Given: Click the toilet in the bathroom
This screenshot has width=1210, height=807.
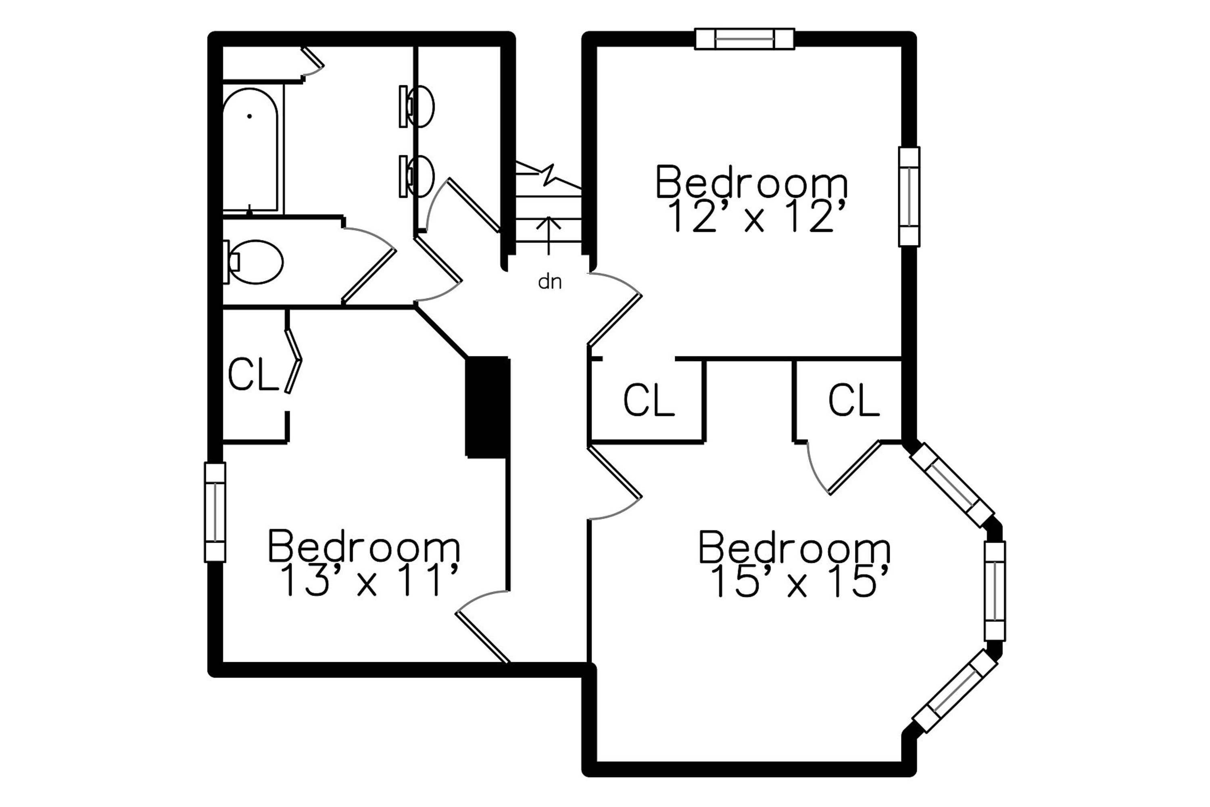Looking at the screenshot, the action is (254, 261).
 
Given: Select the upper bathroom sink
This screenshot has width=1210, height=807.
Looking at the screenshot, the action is (417, 107).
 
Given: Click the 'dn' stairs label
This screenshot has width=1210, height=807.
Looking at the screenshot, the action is (549, 282).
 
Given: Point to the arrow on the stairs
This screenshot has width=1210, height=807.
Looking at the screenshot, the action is (549, 236).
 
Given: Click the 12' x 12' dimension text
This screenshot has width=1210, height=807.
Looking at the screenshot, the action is (757, 217).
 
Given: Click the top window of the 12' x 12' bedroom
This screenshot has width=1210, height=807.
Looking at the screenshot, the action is (745, 39).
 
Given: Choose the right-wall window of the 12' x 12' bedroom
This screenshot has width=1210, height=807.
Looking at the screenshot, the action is (910, 197).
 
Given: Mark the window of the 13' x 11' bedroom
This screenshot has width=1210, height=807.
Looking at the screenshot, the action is (215, 512).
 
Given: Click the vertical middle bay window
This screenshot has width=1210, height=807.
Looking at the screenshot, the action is (995, 591).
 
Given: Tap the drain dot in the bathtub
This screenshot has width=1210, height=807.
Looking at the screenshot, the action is (250, 116).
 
